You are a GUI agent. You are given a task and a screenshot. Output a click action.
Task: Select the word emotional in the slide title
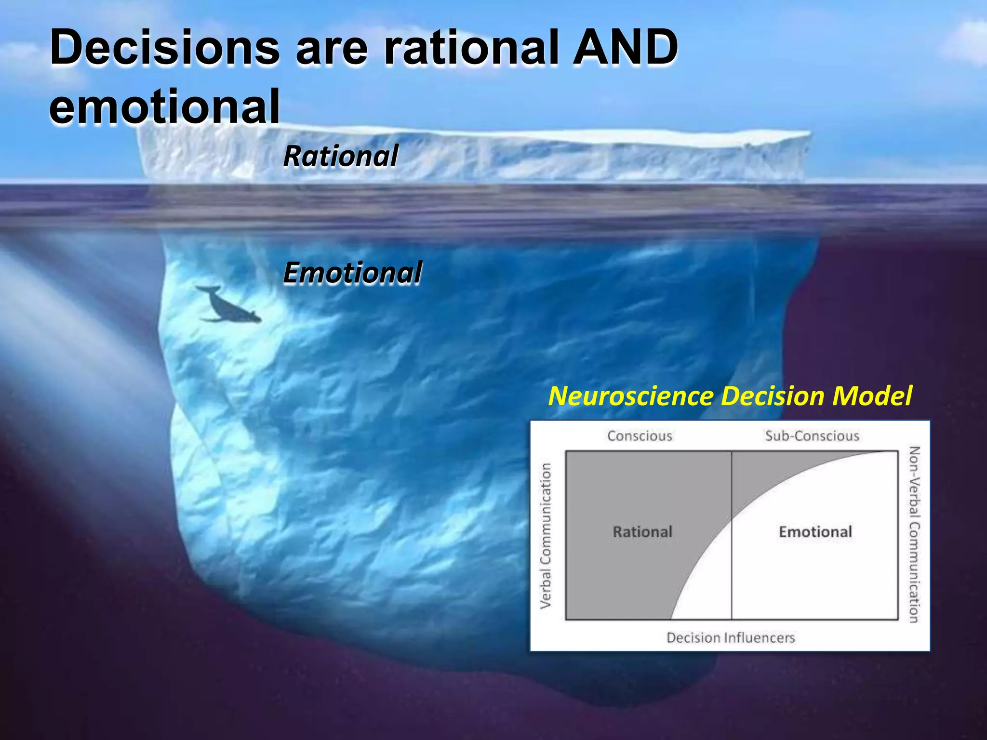coord(165,107)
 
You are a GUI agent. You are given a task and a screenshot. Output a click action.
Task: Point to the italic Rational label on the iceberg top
coord(341,157)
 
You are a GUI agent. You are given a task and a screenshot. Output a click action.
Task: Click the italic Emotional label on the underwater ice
coord(353,273)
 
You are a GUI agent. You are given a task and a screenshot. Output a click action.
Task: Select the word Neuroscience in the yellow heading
coord(631,396)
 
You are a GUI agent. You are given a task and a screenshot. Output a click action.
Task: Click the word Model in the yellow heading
coord(872,396)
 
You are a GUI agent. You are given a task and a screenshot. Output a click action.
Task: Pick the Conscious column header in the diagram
coord(640,436)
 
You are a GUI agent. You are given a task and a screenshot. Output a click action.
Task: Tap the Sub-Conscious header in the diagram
coord(812,436)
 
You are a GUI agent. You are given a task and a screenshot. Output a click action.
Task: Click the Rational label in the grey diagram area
coord(642,532)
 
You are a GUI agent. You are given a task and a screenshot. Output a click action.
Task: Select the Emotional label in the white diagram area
coord(815,532)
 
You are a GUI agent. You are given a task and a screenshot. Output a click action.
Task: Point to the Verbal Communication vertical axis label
coord(546,536)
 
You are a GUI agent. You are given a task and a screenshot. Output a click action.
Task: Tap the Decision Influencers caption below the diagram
coord(731,638)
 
